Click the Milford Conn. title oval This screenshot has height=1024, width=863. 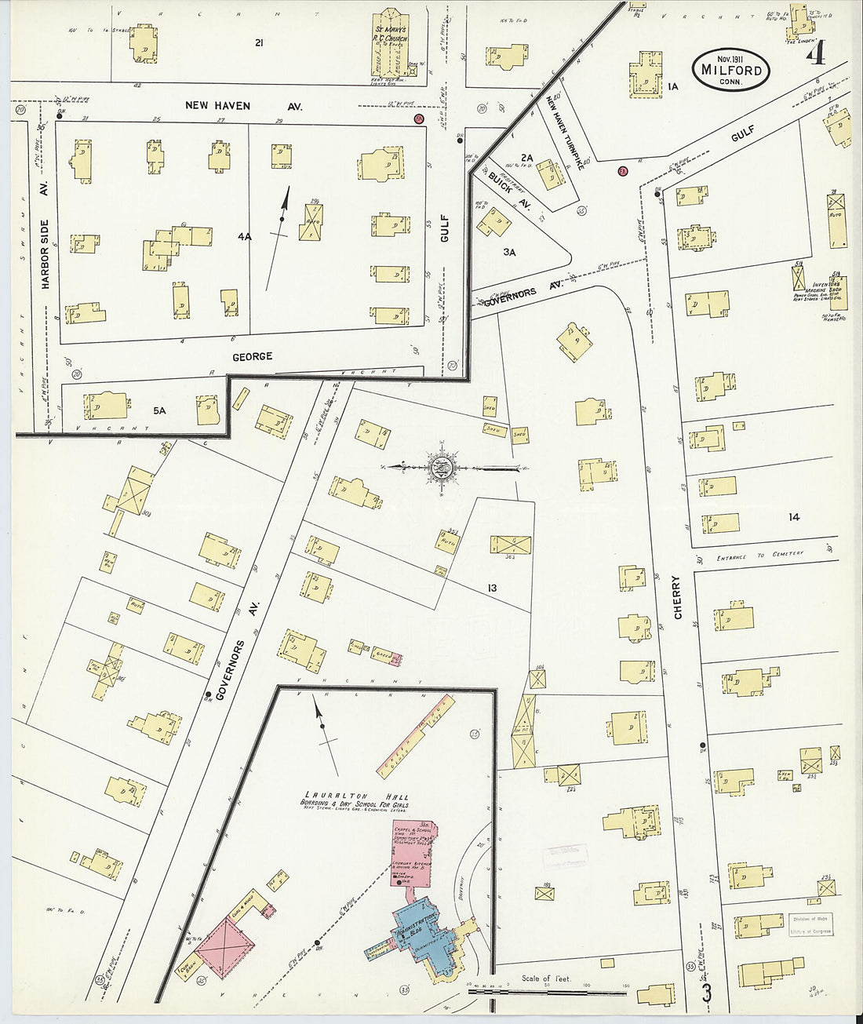click(x=731, y=69)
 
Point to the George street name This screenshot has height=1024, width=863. click(x=253, y=356)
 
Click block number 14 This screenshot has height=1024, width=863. click(x=794, y=517)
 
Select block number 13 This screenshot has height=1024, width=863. click(x=492, y=588)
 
